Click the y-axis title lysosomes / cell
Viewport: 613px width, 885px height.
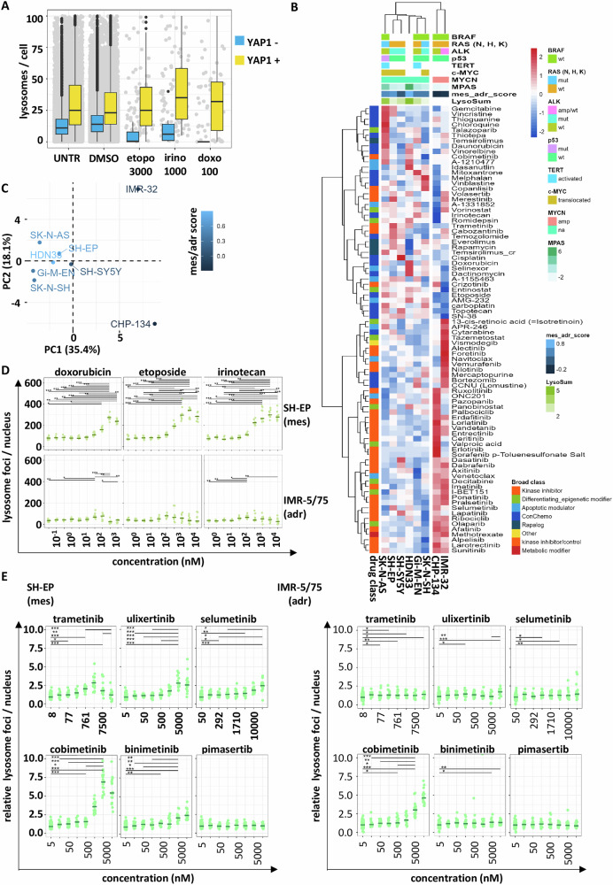(x=12, y=79)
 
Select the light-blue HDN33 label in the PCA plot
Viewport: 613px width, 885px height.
(x=47, y=253)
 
